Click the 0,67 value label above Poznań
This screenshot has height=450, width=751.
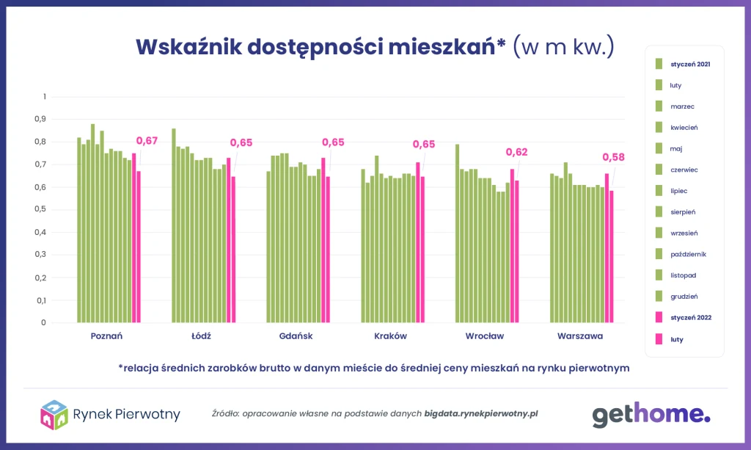coord(147,141)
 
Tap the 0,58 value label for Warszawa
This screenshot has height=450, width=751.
coord(613,157)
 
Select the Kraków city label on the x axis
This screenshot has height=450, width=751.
coord(390,336)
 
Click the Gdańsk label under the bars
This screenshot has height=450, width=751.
coord(296,336)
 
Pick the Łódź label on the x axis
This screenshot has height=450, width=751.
coord(202,336)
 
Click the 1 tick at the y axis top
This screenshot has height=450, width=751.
coord(44,96)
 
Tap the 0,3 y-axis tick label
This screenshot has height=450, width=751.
coord(40,255)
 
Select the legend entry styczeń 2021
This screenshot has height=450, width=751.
coord(690,64)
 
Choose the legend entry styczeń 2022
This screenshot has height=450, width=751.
coord(690,318)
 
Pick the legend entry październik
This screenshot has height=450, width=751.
coord(687,254)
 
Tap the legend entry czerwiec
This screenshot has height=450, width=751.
coord(684,170)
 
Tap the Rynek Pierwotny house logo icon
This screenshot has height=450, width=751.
coord(54,415)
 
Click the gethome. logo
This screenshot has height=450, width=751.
coord(651,415)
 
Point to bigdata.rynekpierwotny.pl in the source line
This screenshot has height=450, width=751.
coord(481,414)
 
